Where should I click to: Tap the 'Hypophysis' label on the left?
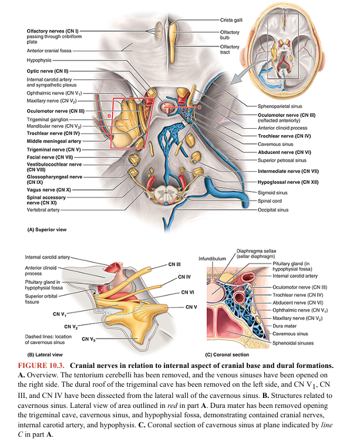39,60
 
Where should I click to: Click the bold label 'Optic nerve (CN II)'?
49,70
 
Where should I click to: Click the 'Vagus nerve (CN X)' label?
49,190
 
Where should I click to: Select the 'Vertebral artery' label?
45,209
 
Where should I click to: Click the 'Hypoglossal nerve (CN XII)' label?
288,182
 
